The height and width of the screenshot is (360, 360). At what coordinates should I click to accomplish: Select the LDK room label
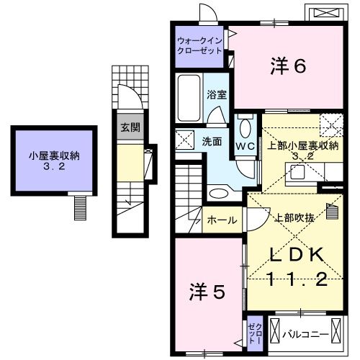click(300, 255)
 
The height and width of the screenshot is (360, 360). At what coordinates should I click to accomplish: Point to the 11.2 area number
click(300, 279)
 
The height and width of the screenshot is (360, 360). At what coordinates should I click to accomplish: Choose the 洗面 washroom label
click(211, 141)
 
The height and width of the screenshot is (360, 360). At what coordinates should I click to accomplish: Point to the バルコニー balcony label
click(305, 335)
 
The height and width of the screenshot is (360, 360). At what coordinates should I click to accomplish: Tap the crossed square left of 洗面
click(186, 140)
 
